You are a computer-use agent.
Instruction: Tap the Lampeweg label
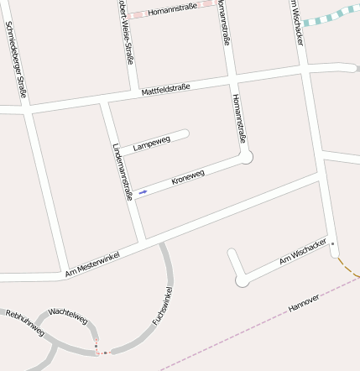tap(151, 144)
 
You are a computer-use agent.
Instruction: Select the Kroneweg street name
tap(188, 178)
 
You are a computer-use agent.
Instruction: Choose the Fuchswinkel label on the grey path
tap(163, 306)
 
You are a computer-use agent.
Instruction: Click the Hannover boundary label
tap(304, 303)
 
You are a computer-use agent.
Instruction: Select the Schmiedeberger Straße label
tap(16, 60)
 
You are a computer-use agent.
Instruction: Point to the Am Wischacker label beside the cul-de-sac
tap(302, 252)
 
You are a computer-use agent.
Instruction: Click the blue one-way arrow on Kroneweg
tap(143, 193)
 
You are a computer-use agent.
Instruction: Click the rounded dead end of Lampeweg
tap(184, 133)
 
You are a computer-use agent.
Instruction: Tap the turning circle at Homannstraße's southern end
tap(246, 156)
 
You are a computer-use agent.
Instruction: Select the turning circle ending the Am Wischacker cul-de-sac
tap(243, 280)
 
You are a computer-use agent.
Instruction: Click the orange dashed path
tap(347, 268)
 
